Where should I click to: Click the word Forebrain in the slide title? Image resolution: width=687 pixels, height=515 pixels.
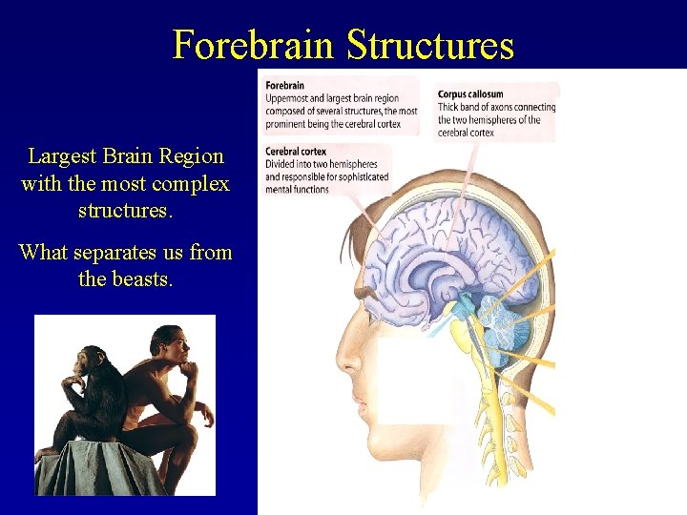(x=254, y=45)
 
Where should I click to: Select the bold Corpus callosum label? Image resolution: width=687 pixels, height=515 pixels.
(x=470, y=94)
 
